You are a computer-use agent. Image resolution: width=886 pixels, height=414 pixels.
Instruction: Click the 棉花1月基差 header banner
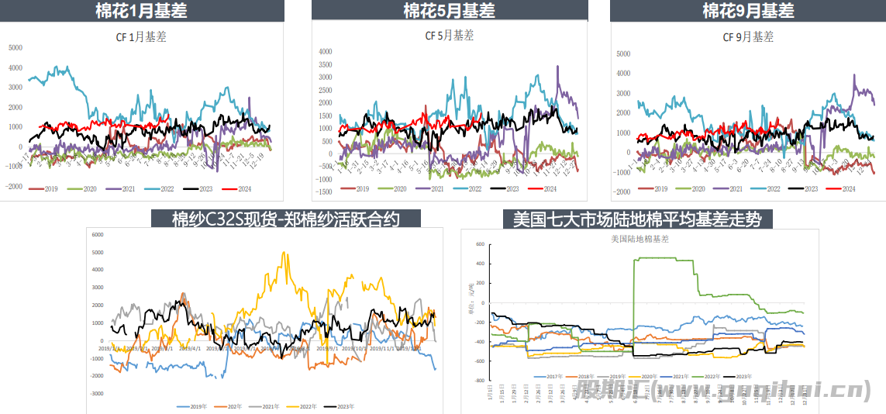(141, 11)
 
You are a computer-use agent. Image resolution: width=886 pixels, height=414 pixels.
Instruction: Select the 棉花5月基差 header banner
(449, 11)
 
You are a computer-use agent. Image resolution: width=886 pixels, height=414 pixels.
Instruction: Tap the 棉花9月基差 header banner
(748, 11)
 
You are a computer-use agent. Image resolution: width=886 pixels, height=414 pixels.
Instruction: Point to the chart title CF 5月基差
(450, 35)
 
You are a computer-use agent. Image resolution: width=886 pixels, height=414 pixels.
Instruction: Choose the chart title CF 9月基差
(749, 36)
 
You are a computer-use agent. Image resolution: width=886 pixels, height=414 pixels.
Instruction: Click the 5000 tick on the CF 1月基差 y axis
(16, 47)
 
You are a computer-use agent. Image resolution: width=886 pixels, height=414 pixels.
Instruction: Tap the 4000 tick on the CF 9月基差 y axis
(622, 74)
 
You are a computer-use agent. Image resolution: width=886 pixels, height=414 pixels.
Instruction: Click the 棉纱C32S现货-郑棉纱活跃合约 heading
(285, 219)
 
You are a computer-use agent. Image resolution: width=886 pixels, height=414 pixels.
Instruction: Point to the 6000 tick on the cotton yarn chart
(98, 234)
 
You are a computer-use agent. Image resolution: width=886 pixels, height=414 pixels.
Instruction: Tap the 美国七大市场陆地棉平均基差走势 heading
(637, 219)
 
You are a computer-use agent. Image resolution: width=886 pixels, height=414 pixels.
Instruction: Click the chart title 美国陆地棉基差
(640, 239)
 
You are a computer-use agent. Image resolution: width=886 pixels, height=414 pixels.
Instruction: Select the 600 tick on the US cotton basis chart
(479, 244)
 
